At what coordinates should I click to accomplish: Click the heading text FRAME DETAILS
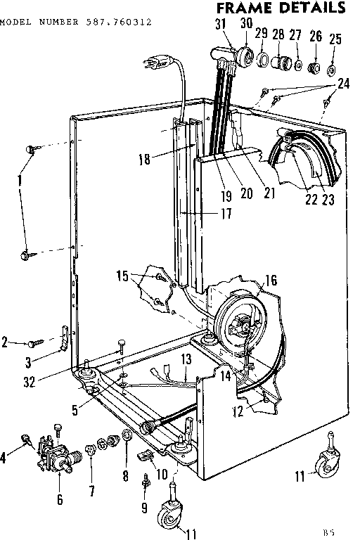(281, 8)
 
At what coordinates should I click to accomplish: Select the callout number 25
(335, 39)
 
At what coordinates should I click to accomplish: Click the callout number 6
(60, 500)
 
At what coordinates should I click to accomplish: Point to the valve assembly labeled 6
(57, 454)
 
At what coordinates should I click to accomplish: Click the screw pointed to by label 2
(34, 344)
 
